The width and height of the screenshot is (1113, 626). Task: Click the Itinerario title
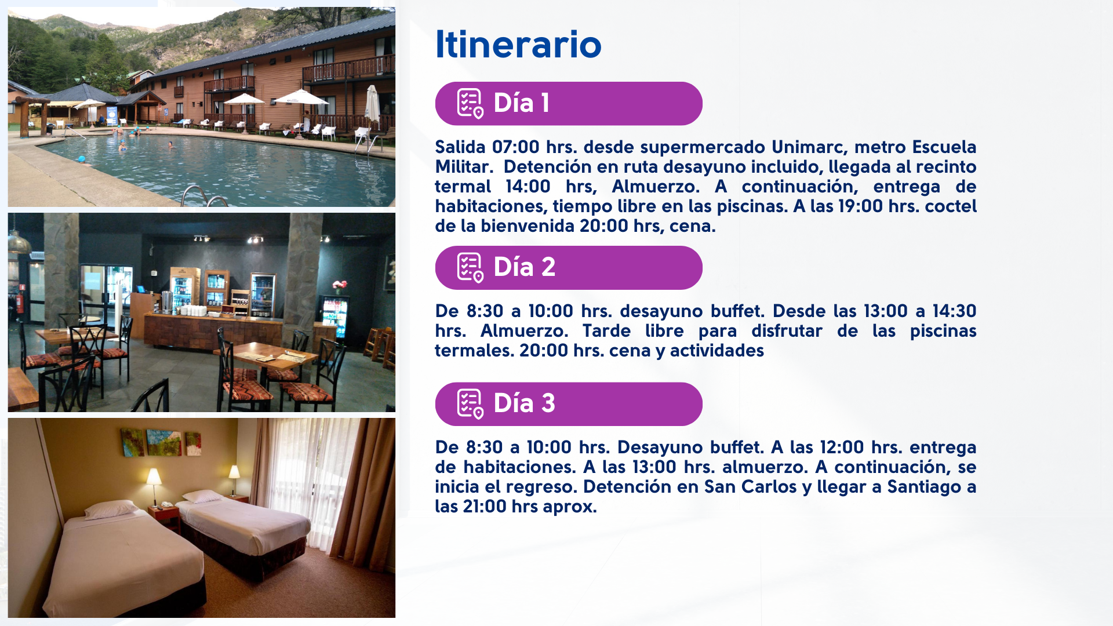tap(518, 44)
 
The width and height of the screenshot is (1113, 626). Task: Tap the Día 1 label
tap(521, 103)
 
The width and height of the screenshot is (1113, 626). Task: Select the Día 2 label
tap(524, 267)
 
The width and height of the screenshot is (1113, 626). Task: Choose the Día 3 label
tap(524, 403)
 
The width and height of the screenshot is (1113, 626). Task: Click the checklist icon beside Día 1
tap(470, 104)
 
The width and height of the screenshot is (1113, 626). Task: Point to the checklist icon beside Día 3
tap(470, 404)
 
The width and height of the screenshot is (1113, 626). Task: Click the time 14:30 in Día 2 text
tap(954, 311)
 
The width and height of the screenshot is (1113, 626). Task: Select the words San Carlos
tap(750, 487)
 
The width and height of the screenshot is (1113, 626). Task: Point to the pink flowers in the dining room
tap(339, 285)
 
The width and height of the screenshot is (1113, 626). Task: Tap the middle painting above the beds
tap(163, 443)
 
